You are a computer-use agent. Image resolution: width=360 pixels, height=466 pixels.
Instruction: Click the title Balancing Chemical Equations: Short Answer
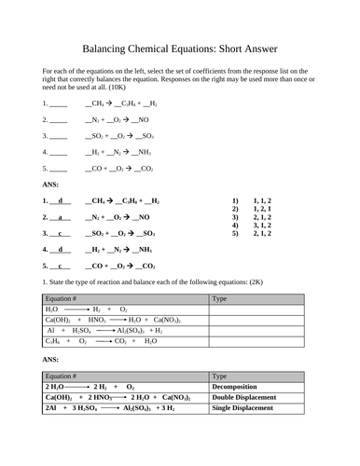(x=180, y=48)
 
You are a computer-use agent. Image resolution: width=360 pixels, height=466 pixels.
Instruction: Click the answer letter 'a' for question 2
(x=61, y=217)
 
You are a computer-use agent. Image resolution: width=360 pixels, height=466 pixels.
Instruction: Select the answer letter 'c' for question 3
(x=61, y=233)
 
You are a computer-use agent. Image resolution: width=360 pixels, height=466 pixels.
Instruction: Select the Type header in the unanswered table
(x=220, y=299)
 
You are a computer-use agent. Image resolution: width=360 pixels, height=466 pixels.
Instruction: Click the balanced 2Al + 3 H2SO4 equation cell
(x=110, y=408)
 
